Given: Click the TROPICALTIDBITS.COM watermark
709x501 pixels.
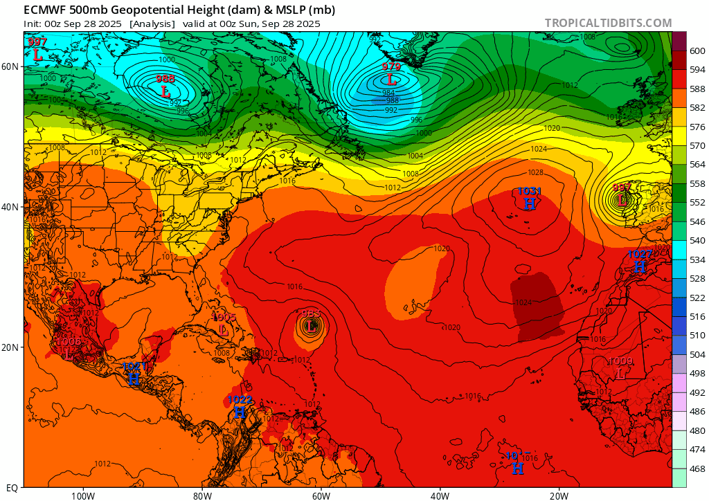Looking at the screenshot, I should point(608,23).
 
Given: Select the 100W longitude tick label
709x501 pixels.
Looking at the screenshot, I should point(82,495).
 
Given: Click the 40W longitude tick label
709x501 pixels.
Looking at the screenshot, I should point(440,495).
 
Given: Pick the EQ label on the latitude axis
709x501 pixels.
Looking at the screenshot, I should point(12,487).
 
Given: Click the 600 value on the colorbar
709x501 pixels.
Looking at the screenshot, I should point(697,51).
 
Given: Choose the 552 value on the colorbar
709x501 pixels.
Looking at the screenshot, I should point(697,202).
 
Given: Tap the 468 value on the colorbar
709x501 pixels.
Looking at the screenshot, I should point(697,468).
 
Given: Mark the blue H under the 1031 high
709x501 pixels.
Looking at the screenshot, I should point(530,203).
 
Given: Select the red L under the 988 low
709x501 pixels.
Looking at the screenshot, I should point(165,91).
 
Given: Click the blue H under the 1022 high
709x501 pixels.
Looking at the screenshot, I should point(240,412).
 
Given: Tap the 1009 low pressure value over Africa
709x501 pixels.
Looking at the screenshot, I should point(620,361).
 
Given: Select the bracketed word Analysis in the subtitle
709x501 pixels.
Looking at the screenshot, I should point(152,24).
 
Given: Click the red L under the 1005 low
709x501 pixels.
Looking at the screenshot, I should point(224,330).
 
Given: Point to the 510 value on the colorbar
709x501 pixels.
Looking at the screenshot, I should point(697,335).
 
